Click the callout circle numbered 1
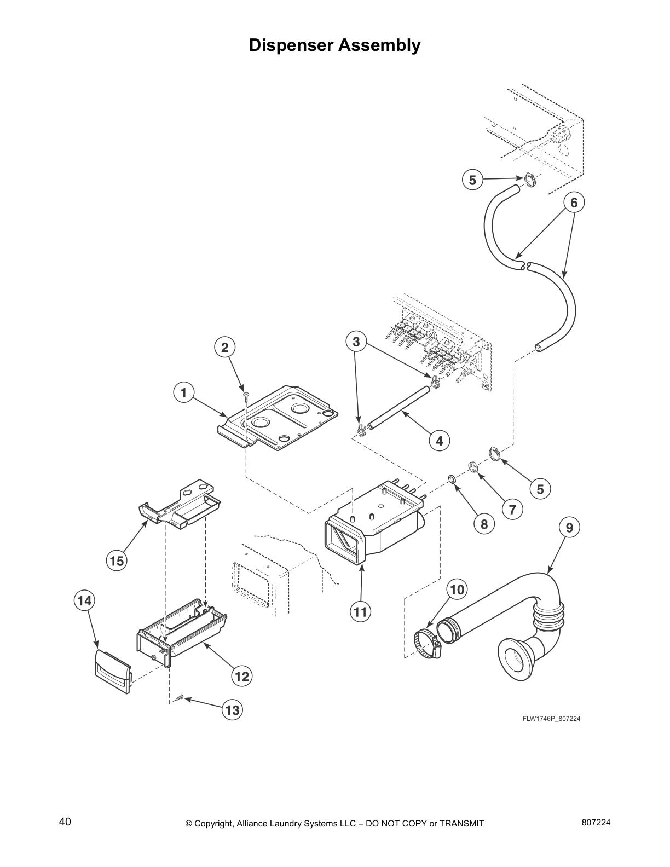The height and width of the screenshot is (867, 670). pyautogui.click(x=183, y=392)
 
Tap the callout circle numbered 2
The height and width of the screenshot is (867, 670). pyautogui.click(x=224, y=346)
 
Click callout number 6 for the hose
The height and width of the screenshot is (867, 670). pyautogui.click(x=574, y=203)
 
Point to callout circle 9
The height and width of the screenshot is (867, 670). pyautogui.click(x=569, y=528)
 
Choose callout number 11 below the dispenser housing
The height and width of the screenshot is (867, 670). pyautogui.click(x=360, y=611)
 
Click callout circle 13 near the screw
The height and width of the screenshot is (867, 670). pyautogui.click(x=232, y=710)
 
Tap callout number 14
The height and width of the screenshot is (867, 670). pyautogui.click(x=84, y=600)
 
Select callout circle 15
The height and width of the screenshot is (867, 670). pyautogui.click(x=117, y=560)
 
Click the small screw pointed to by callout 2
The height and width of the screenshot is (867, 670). pyautogui.click(x=246, y=395)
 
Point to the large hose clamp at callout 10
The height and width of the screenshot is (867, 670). pyautogui.click(x=428, y=643)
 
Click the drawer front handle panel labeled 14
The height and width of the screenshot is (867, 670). pyautogui.click(x=113, y=671)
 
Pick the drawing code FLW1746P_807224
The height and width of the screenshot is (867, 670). pyautogui.click(x=551, y=719)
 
